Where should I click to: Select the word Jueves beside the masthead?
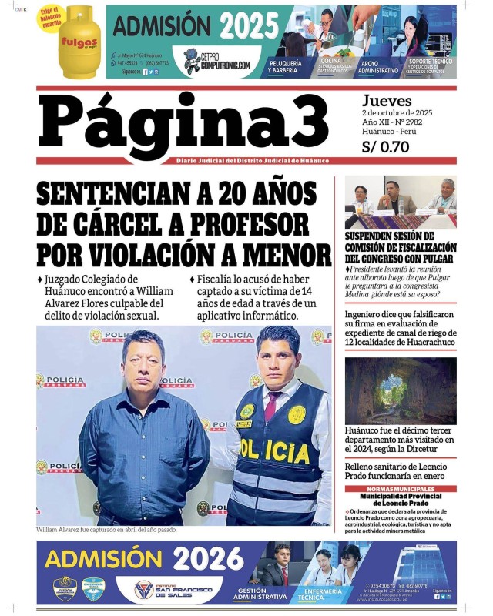[387, 100]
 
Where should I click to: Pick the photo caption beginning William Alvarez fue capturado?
[106, 530]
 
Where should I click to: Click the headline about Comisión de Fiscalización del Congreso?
[401, 248]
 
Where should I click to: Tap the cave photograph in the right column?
[401, 391]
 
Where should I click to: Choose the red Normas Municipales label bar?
[401, 489]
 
